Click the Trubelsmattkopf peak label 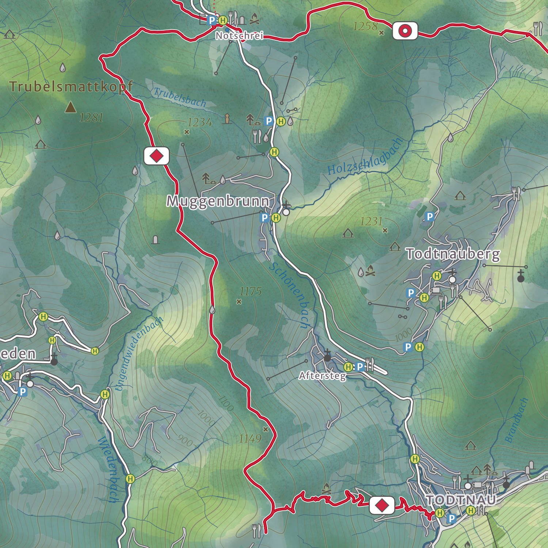pos(71,87)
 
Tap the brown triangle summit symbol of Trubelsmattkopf pos(71,107)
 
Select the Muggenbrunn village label pos(218,201)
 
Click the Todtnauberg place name pos(453,254)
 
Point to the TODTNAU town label pos(461,500)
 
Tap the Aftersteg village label pos(322,376)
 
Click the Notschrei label pos(239,36)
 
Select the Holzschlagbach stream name pos(365,157)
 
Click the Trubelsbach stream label pos(180,98)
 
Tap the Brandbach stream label pos(517,420)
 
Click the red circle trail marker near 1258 pos(405,31)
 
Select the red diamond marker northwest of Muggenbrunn pos(157,156)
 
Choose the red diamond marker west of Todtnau pos(382,506)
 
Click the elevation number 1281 pos(91,118)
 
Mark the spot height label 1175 pos(251,292)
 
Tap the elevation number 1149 pos(250,438)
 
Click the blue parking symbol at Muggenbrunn pos(265,218)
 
